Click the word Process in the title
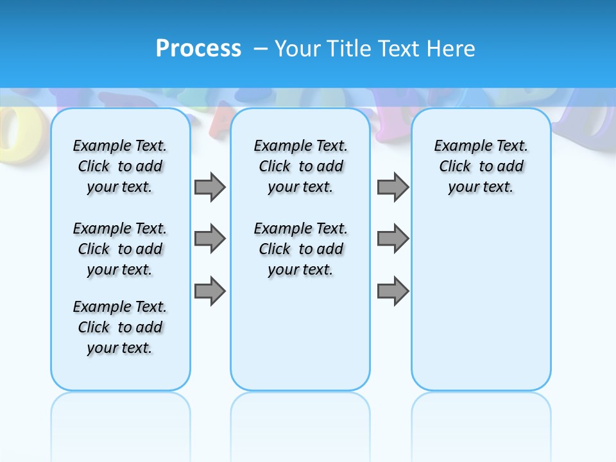tap(198, 48)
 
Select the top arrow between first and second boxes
tap(210, 187)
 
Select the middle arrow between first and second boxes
tap(210, 239)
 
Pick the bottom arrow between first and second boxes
tap(210, 291)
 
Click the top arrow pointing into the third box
tap(393, 187)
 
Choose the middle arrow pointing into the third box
tap(393, 239)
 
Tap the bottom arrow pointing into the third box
tap(393, 291)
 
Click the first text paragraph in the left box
tap(120, 166)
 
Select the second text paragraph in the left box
tap(120, 249)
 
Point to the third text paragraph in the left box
tap(120, 327)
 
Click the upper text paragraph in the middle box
tap(300, 166)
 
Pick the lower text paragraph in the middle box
tap(300, 249)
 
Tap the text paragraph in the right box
tap(481, 166)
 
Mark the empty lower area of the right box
tap(481, 302)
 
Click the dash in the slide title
tap(261, 49)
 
